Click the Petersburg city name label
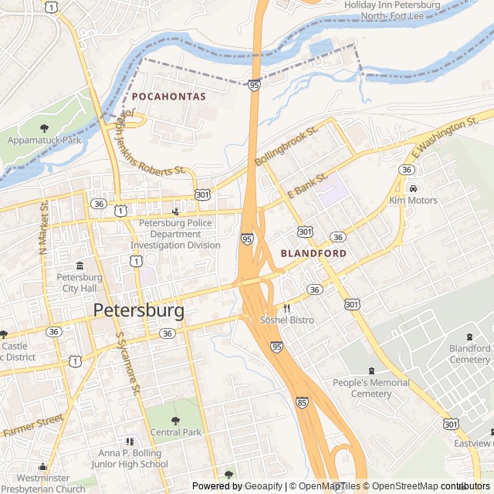(139, 310)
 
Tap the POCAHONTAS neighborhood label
(169, 96)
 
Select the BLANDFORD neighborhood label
(313, 252)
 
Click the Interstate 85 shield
(302, 402)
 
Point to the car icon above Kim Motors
(413, 188)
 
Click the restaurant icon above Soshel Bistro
(286, 307)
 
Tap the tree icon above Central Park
(175, 420)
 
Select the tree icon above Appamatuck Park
(44, 128)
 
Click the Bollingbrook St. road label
(286, 147)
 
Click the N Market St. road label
(44, 228)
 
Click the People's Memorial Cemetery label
(371, 388)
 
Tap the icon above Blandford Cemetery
(470, 336)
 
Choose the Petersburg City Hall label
(80, 283)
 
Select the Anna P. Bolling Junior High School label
(133, 458)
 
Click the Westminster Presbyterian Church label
(43, 482)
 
